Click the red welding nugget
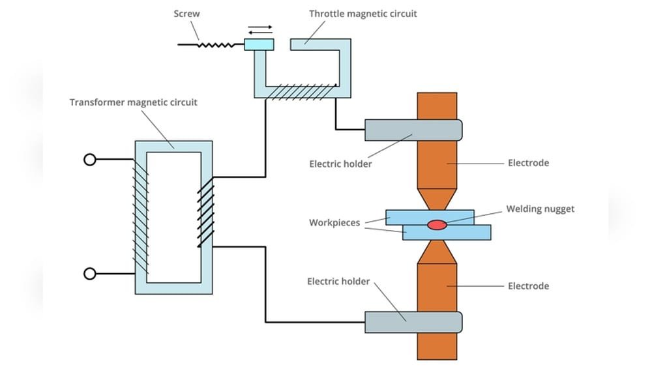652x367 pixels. pyautogui.click(x=437, y=225)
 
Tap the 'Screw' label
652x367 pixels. pyautogui.click(x=187, y=13)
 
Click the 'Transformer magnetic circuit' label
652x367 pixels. pyautogui.click(x=133, y=102)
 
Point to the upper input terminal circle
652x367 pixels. pyautogui.click(x=90, y=159)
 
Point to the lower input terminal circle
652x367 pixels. pyautogui.click(x=90, y=274)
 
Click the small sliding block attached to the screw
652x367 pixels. pyautogui.click(x=259, y=44)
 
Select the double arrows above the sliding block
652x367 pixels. pyautogui.click(x=260, y=30)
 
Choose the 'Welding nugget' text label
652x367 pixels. pyautogui.click(x=541, y=209)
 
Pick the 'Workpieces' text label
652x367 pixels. pyautogui.click(x=334, y=223)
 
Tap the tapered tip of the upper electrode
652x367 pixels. pyautogui.click(x=437, y=198)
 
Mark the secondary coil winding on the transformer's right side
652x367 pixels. pyautogui.click(x=206, y=212)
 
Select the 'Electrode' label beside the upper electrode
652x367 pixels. pyautogui.click(x=528, y=162)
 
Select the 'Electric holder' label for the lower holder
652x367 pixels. pyautogui.click(x=338, y=282)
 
